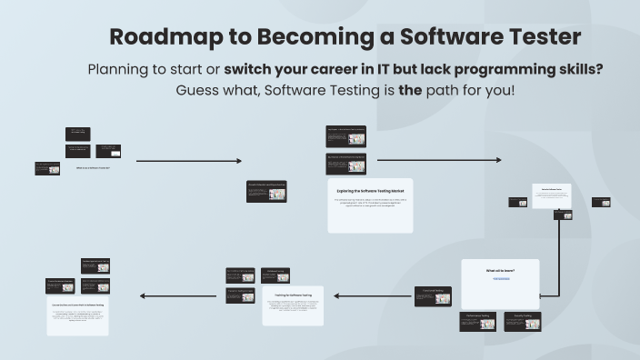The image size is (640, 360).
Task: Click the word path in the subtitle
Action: (x=433, y=91)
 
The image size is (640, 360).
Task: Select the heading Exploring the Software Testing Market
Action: (x=370, y=192)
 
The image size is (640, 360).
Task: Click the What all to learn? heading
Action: (x=500, y=270)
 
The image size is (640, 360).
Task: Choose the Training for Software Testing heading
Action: (x=293, y=295)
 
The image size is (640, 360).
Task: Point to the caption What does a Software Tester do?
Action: (x=92, y=168)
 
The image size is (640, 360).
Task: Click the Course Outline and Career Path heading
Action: (x=77, y=304)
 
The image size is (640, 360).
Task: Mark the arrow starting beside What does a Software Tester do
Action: (x=189, y=161)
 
